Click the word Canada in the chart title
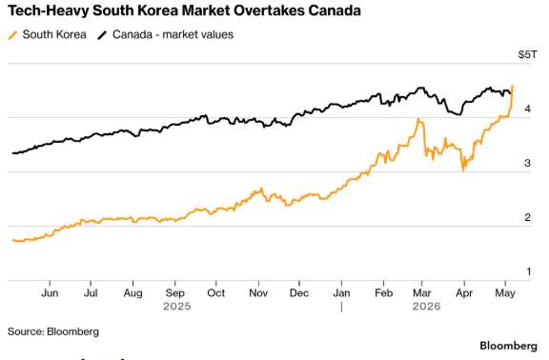click(335, 10)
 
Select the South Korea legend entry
click(47, 34)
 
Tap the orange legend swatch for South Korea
click(12, 35)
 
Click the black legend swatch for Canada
click(102, 35)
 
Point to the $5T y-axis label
click(527, 54)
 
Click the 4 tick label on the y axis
click(528, 109)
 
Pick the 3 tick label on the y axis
click(528, 163)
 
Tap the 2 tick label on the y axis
click(528, 217)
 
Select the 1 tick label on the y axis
click(529, 271)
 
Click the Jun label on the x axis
click(50, 292)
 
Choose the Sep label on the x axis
click(175, 292)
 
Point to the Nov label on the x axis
click(258, 292)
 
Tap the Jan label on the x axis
click(341, 292)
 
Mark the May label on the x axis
click(505, 292)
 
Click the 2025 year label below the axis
click(177, 307)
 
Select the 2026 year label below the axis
click(426, 307)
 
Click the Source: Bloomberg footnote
click(53, 331)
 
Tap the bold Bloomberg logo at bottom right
click(508, 346)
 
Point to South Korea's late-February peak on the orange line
click(418, 119)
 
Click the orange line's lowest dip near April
click(463, 170)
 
